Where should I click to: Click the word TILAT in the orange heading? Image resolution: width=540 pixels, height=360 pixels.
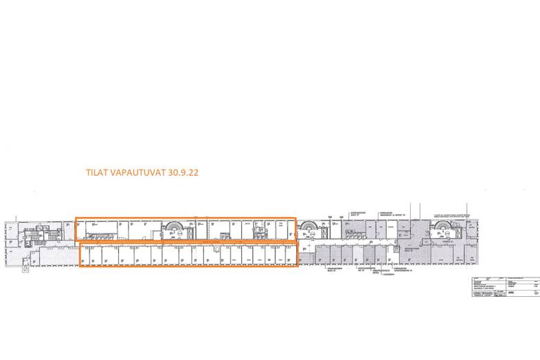coord(95,173)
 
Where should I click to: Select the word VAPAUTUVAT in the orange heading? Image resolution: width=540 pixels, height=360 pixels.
coord(132,173)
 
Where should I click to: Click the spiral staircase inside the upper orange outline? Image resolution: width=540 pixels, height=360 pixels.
coord(172,229)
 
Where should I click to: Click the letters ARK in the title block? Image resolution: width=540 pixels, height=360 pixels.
coord(508,292)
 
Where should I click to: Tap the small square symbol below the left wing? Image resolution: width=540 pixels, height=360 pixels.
coord(25,269)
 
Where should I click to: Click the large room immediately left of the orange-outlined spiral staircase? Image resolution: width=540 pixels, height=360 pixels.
coord(145,229)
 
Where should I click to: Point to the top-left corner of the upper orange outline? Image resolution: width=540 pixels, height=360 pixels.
coord(76,219)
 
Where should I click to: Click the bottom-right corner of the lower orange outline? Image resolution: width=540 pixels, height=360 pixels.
coord(297,266)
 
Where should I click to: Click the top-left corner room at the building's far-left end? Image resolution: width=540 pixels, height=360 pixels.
coord(12,227)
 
